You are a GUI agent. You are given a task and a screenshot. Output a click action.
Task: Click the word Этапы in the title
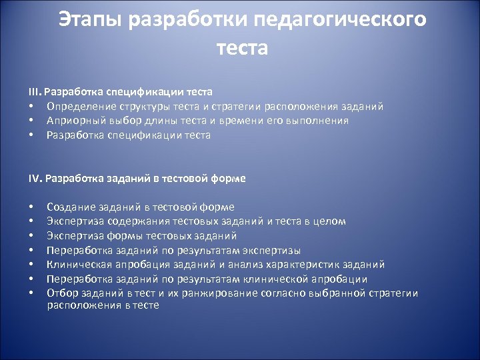point(93,20)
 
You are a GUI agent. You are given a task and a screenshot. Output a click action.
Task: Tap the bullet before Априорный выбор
point(31,121)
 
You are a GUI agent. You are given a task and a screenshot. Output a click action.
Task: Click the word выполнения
point(315,121)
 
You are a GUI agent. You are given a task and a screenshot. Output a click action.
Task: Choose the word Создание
point(69,207)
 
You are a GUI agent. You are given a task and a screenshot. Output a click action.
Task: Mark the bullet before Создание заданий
point(31,207)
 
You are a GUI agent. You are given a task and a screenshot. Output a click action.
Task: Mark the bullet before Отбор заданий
point(31,293)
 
